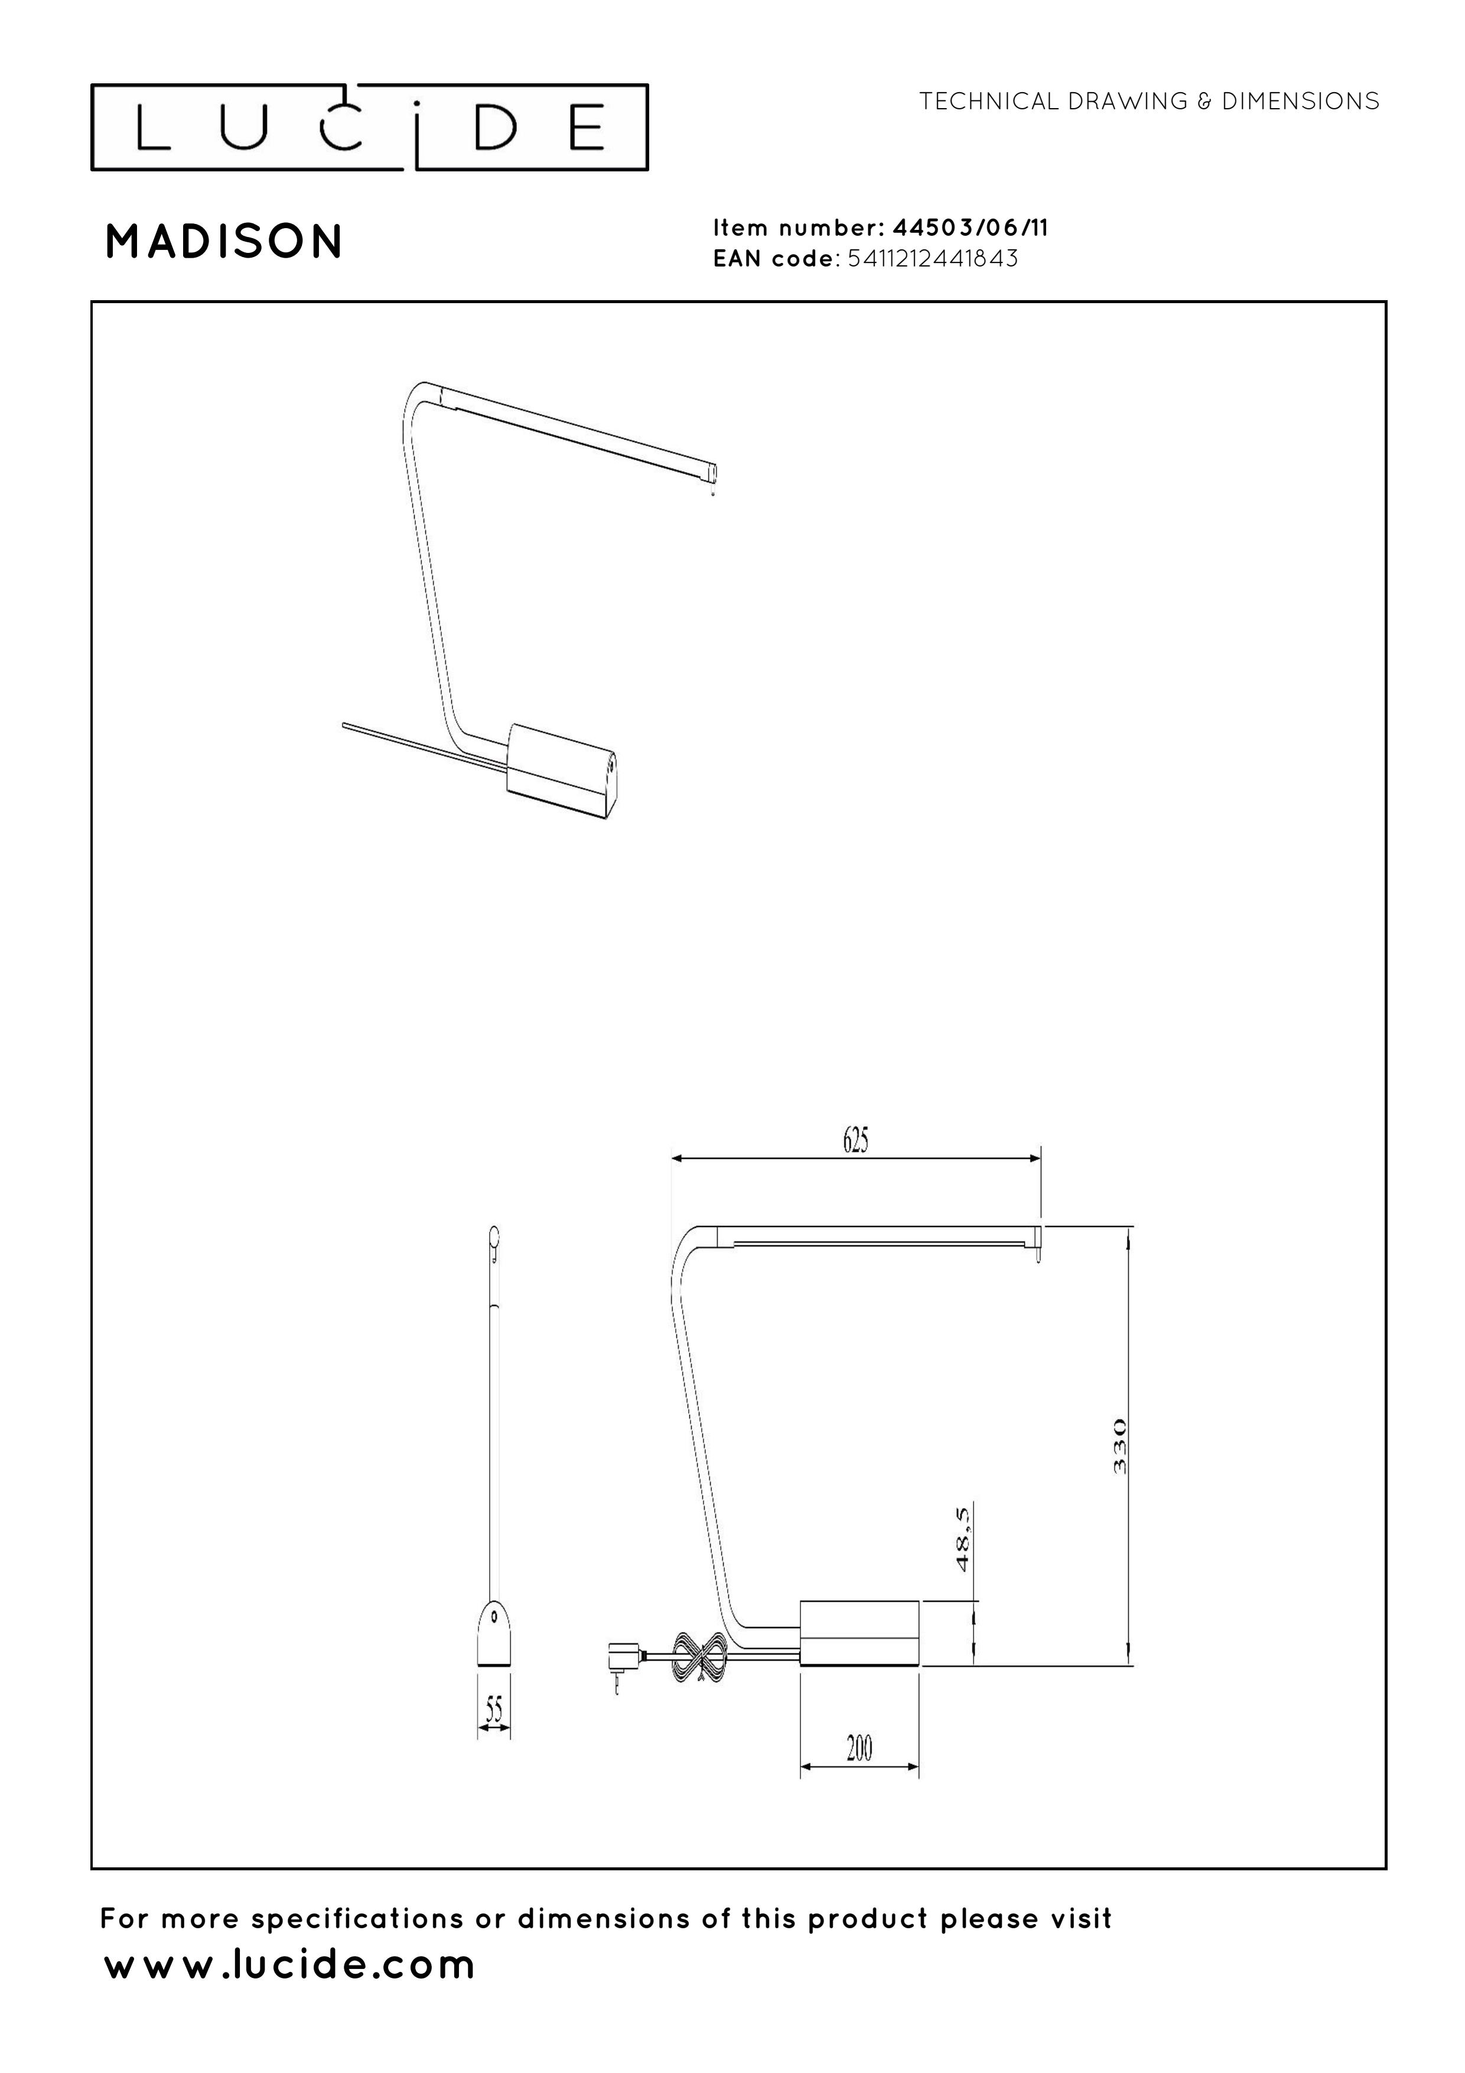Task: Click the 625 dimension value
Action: point(856,1141)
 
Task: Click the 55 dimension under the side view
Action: point(494,1709)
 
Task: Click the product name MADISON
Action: point(224,242)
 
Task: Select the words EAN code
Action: point(773,259)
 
